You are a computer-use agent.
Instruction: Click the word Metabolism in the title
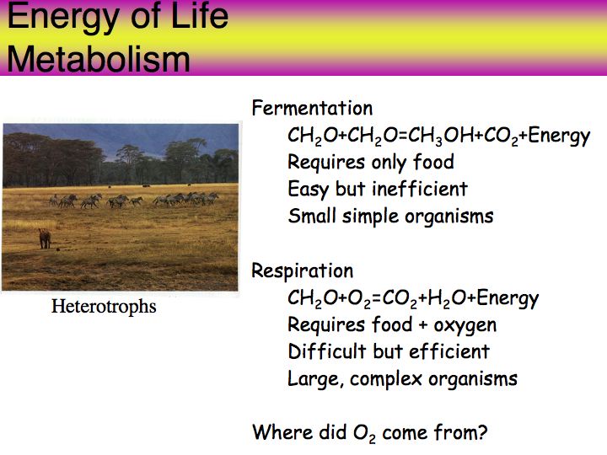[99, 59]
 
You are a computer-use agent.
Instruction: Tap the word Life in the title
[199, 15]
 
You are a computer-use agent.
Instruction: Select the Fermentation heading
[312, 108]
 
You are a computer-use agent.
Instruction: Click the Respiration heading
[303, 270]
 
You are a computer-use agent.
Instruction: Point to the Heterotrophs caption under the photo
[104, 307]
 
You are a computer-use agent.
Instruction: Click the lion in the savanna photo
[45, 238]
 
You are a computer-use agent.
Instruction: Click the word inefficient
[420, 189]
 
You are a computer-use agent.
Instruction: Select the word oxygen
[465, 326]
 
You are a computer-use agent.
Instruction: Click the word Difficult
[327, 351]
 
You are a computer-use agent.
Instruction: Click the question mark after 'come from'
[482, 432]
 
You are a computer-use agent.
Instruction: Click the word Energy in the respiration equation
[508, 298]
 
